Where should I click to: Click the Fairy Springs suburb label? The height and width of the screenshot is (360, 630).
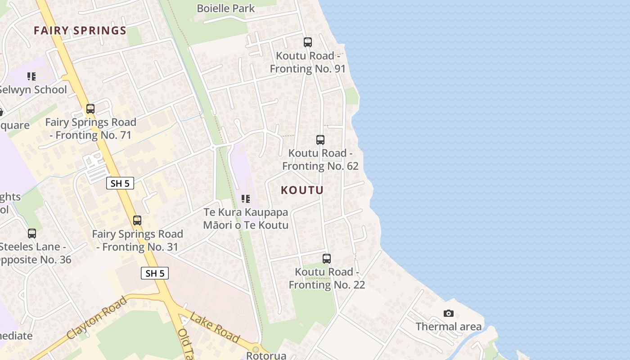[x=80, y=31]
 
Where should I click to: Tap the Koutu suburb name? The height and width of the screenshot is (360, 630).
[x=302, y=190]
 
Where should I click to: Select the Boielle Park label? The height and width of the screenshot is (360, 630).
[x=226, y=8]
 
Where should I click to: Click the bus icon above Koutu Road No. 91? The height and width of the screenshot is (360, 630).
[x=308, y=42]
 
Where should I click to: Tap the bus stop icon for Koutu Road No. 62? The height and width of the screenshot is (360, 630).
[x=320, y=140]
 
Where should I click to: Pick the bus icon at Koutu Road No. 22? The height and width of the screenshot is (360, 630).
[x=327, y=259]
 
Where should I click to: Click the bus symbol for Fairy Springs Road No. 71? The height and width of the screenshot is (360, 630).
[x=90, y=109]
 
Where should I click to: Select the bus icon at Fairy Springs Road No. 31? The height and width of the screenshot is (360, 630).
[x=137, y=220]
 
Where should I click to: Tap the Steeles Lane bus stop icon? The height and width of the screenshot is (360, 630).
[x=32, y=234]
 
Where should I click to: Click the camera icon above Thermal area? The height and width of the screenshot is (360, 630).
[x=449, y=313]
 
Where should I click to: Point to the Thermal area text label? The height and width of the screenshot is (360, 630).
[x=449, y=327]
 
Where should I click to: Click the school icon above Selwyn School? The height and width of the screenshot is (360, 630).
[x=31, y=76]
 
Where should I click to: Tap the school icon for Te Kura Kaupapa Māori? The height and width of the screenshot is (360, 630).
[x=246, y=198]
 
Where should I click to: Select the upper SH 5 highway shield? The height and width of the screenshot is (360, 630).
[x=120, y=183]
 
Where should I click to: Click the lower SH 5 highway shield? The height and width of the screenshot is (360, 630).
[x=155, y=273]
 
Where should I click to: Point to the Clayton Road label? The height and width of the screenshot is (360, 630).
[x=97, y=318]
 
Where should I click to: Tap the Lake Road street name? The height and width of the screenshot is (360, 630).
[x=215, y=327]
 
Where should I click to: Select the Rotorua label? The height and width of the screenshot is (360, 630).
[x=266, y=355]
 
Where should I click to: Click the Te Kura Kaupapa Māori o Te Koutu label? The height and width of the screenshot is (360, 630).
[x=246, y=218]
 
